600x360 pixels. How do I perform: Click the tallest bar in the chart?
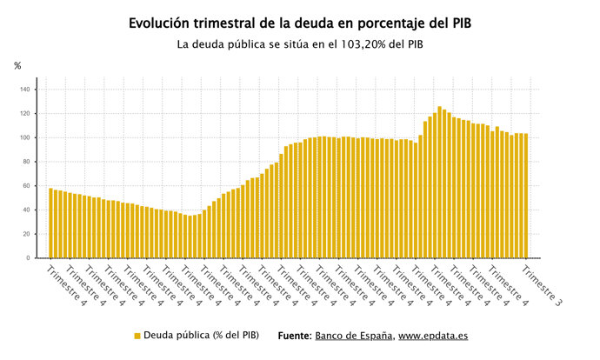(x=439, y=183)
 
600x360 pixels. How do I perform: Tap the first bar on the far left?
(x=50, y=223)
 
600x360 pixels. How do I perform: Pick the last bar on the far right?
(x=526, y=196)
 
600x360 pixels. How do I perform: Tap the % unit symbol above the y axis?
(x=17, y=65)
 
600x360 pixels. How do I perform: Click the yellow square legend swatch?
(x=137, y=336)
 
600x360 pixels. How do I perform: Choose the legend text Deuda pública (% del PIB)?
(x=201, y=336)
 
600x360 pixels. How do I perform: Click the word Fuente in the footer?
(x=294, y=336)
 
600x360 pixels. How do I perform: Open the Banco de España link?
(x=354, y=336)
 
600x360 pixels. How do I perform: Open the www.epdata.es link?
(x=435, y=336)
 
